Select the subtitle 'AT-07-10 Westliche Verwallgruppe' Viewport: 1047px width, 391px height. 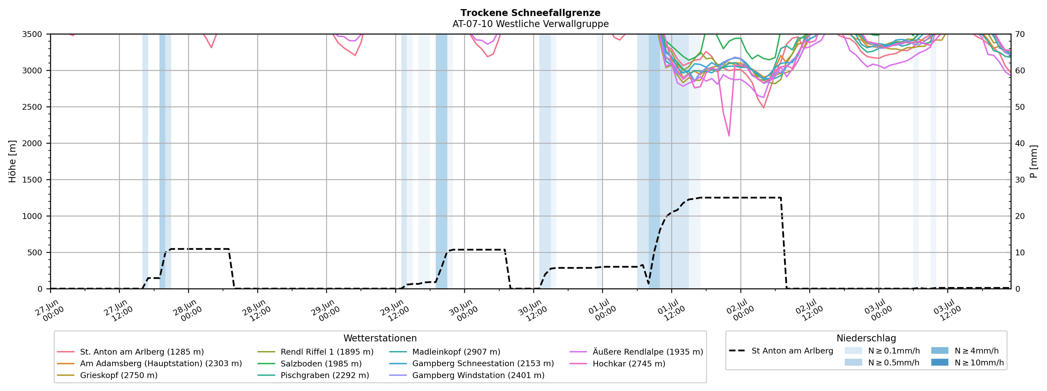coord(531,24)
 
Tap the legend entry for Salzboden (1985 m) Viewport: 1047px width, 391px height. coord(310,364)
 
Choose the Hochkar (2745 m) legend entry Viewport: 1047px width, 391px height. coord(618,364)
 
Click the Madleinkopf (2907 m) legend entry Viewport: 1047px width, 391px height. coord(445,352)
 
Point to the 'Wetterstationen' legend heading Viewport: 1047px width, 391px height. coord(380,338)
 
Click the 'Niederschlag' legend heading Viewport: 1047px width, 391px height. coord(866,338)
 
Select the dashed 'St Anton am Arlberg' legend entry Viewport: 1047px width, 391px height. coord(781,351)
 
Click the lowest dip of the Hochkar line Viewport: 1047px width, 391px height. coord(729,135)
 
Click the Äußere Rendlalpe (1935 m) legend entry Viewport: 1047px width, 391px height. coord(637,352)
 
